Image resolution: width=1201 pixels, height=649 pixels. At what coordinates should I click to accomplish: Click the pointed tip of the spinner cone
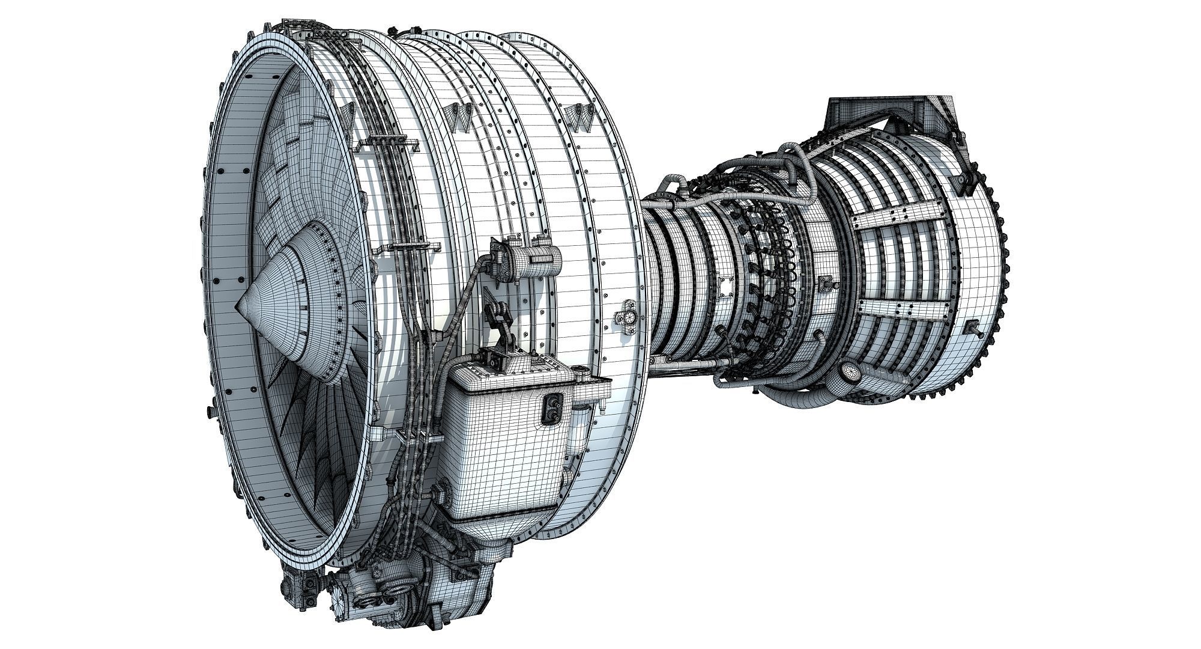point(238,303)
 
